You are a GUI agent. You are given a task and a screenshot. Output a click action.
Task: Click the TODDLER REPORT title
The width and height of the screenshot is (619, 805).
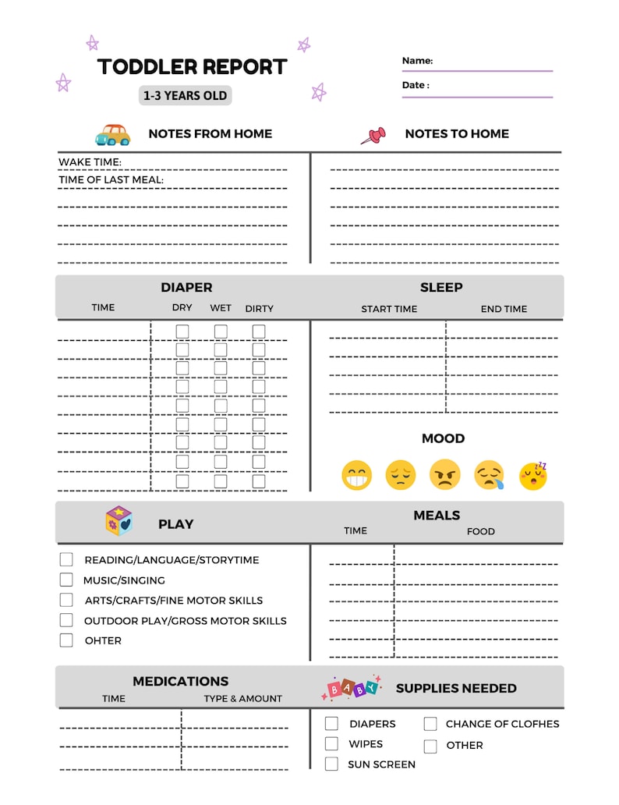pyautogui.click(x=192, y=67)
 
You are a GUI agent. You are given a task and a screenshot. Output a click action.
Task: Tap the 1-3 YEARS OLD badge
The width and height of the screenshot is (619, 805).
pyautogui.click(x=186, y=96)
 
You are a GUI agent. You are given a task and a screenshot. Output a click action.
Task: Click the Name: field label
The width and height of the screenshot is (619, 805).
pyautogui.click(x=417, y=61)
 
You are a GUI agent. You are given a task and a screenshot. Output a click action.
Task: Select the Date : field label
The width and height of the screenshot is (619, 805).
pyautogui.click(x=416, y=85)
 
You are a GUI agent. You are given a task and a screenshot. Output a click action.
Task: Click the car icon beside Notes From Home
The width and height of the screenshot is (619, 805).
pyautogui.click(x=112, y=134)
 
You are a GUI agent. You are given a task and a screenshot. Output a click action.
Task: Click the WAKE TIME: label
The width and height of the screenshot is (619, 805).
pyautogui.click(x=90, y=162)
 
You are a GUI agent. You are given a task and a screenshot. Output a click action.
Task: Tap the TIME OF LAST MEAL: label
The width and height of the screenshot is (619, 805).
pyautogui.click(x=111, y=180)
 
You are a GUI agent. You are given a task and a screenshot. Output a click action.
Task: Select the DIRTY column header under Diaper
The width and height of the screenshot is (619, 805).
pyautogui.click(x=259, y=308)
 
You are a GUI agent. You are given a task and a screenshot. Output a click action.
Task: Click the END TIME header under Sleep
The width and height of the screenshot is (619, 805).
pyautogui.click(x=504, y=309)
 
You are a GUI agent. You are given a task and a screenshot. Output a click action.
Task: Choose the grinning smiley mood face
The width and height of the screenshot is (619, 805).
pyautogui.click(x=357, y=475)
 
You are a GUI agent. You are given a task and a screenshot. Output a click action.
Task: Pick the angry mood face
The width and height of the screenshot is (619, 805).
pyautogui.click(x=444, y=475)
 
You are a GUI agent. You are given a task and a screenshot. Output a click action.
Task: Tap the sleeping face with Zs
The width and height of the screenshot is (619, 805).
pyautogui.click(x=533, y=475)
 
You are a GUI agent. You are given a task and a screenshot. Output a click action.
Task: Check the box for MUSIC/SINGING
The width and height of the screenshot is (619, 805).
pyautogui.click(x=66, y=580)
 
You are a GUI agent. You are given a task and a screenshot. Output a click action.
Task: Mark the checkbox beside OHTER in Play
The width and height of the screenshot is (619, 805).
pyautogui.click(x=66, y=640)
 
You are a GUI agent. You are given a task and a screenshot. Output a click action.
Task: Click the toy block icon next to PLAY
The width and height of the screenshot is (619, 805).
pyautogui.click(x=119, y=522)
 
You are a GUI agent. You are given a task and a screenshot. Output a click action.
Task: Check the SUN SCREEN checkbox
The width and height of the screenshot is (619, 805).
pyautogui.click(x=331, y=764)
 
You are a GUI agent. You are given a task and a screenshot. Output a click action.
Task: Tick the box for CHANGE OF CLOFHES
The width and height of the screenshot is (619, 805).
pyautogui.click(x=430, y=724)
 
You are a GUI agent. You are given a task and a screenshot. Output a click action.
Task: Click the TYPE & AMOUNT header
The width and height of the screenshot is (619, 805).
pyautogui.click(x=243, y=698)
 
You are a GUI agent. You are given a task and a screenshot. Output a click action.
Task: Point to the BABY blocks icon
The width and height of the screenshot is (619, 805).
pyautogui.click(x=352, y=687)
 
